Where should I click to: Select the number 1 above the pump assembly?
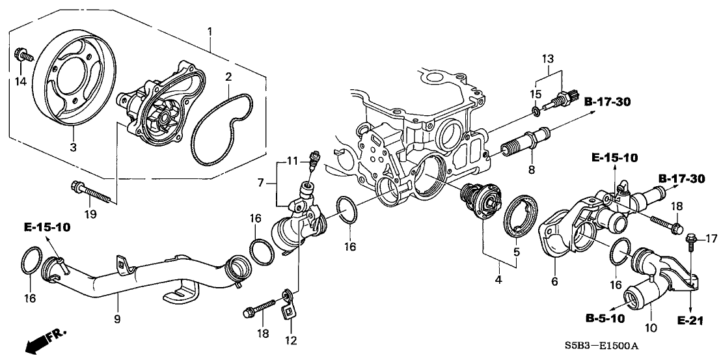[x=210, y=31]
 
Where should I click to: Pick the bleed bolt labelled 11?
[x=314, y=159]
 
